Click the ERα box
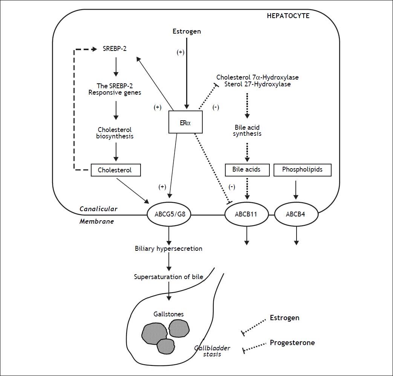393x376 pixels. (185, 122)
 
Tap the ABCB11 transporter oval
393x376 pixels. (246, 215)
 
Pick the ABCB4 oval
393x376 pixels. (296, 215)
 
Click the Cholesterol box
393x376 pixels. (115, 170)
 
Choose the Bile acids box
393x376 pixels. (248, 170)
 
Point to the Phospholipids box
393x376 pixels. (303, 170)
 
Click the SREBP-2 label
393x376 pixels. (115, 49)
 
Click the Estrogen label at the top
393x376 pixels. (187, 31)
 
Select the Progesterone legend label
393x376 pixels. (292, 343)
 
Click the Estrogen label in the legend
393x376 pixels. (284, 318)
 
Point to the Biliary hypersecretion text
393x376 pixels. (168, 249)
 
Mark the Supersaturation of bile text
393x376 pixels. (168, 277)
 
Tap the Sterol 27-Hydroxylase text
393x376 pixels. (253, 84)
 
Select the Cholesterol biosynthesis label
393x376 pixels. (115, 132)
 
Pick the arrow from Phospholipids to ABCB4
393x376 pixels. (296, 189)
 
